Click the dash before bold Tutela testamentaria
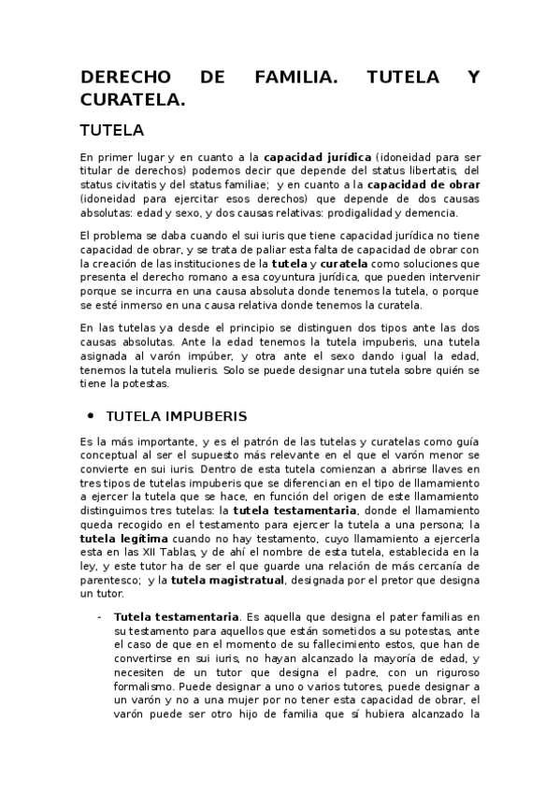click(x=100, y=617)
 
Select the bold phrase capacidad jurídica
click(x=318, y=158)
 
